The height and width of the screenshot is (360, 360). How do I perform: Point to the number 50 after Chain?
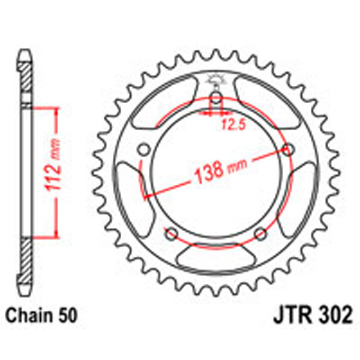click(x=67, y=314)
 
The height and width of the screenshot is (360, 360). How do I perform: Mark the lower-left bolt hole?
click(x=172, y=233)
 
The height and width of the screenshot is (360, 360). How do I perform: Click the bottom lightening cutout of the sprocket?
click(x=217, y=259)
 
